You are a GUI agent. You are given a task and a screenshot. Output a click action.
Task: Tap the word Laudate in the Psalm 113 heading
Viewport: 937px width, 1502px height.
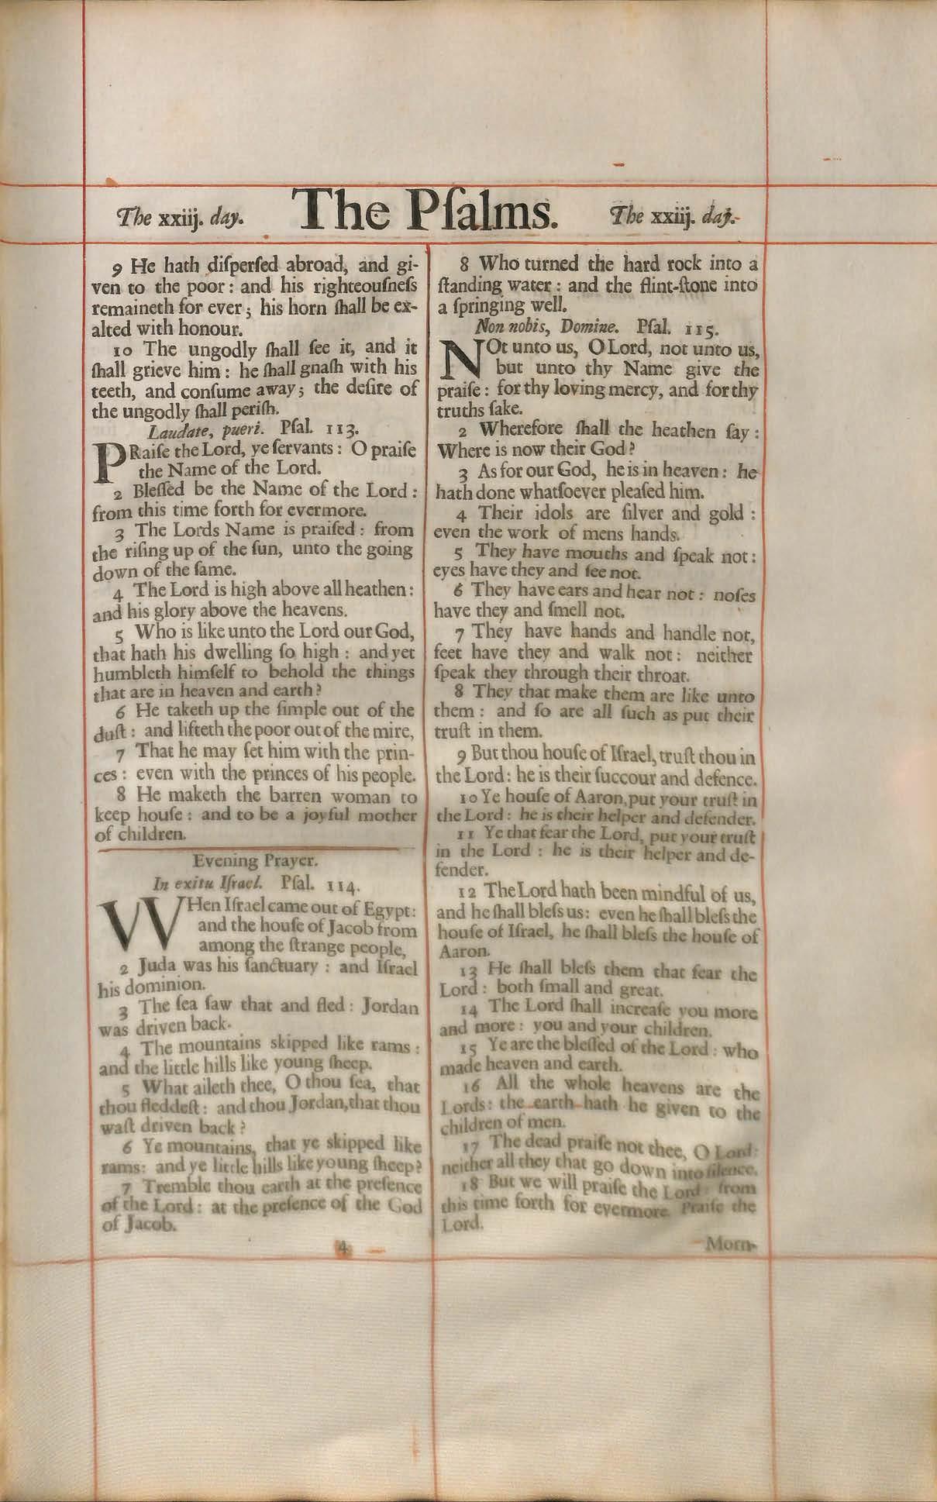coord(172,429)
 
